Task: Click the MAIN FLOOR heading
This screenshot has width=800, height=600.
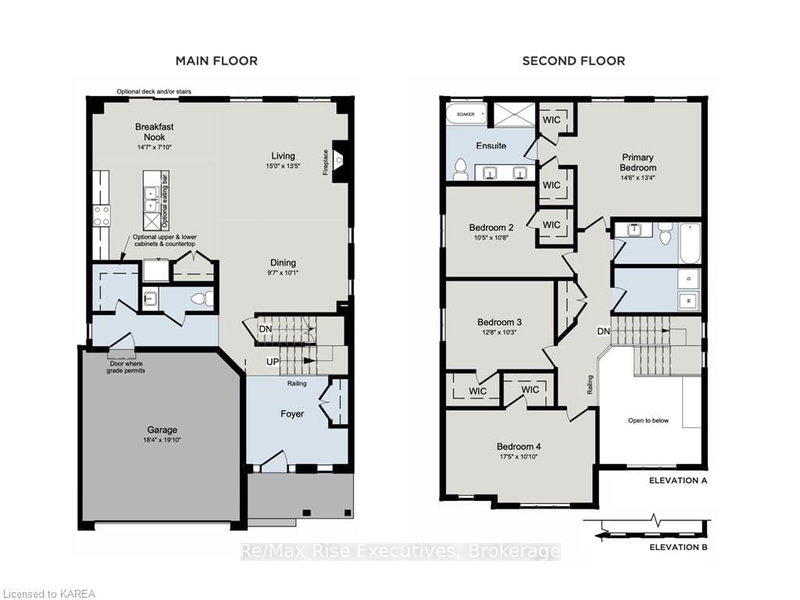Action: [216, 61]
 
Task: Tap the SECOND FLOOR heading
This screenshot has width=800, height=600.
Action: [573, 61]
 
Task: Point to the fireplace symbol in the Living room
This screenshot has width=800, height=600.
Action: [339, 156]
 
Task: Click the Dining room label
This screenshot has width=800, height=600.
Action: [282, 263]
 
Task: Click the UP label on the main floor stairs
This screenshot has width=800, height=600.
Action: [272, 361]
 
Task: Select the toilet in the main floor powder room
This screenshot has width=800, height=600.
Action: [197, 298]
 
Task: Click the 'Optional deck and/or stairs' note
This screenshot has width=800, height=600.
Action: [153, 91]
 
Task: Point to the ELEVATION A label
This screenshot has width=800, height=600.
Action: [678, 480]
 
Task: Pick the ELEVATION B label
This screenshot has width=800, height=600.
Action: [678, 547]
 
